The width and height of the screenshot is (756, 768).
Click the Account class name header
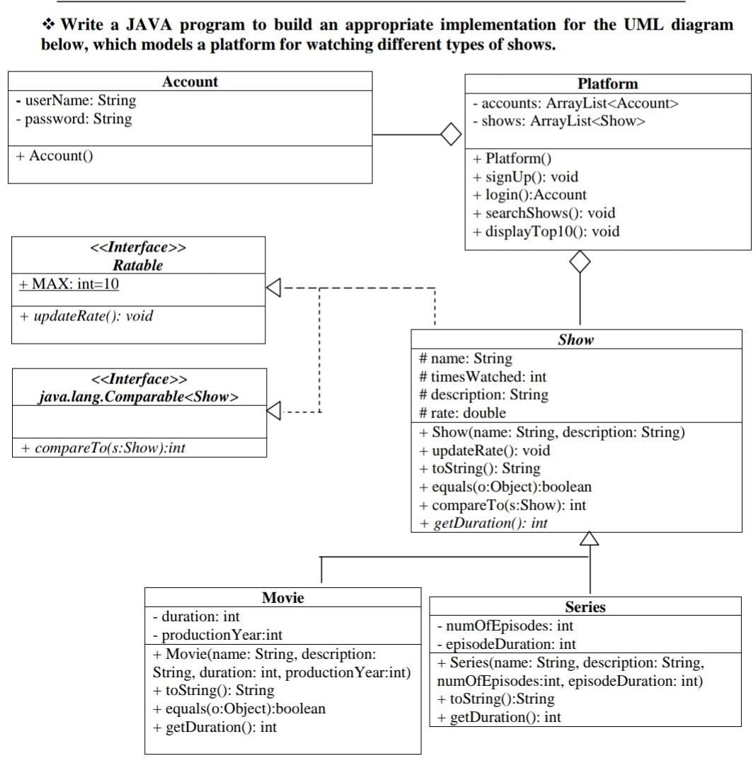pyautogui.click(x=190, y=81)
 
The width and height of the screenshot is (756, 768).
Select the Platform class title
pyautogui.click(x=607, y=84)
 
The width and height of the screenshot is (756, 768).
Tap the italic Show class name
pyautogui.click(x=575, y=339)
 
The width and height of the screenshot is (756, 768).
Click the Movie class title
pyautogui.click(x=282, y=597)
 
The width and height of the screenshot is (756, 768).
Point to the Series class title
pyautogui.click(x=585, y=606)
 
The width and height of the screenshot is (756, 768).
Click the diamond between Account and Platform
pyautogui.click(x=449, y=133)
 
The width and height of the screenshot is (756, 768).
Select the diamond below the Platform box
pyautogui.click(x=580, y=261)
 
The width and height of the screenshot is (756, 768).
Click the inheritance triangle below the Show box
pyautogui.click(x=589, y=540)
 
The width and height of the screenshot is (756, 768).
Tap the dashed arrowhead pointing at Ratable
pyautogui.click(x=274, y=288)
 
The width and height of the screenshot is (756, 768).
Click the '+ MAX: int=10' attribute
pyautogui.click(x=69, y=284)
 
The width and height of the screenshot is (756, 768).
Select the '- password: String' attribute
pyautogui.click(x=74, y=119)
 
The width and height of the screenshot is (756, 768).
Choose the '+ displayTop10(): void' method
pyautogui.click(x=546, y=231)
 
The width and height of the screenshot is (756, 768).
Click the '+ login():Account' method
pyautogui.click(x=529, y=194)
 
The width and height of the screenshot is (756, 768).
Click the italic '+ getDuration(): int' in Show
pyautogui.click(x=483, y=524)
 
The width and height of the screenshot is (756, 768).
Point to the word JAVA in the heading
pyautogui.click(x=152, y=26)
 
